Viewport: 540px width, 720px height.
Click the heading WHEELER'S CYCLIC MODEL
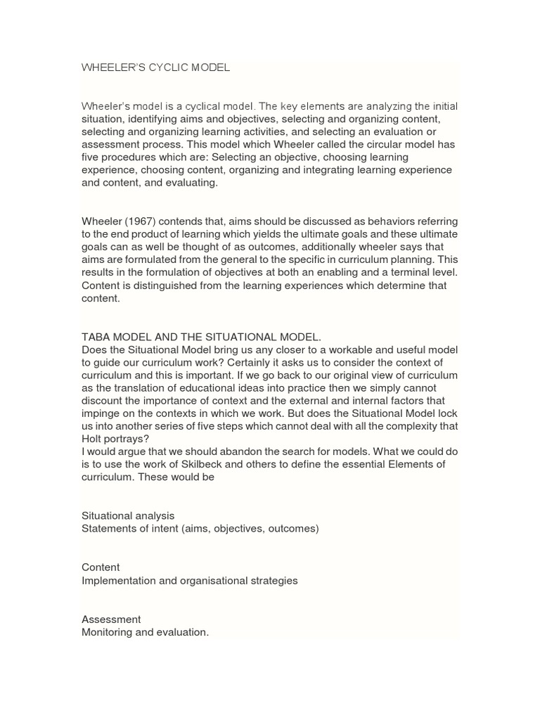coord(155,68)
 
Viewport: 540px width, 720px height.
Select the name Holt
coord(94,438)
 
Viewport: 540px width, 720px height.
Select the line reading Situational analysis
coord(128,515)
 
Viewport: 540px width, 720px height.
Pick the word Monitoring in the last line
coord(108,632)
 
